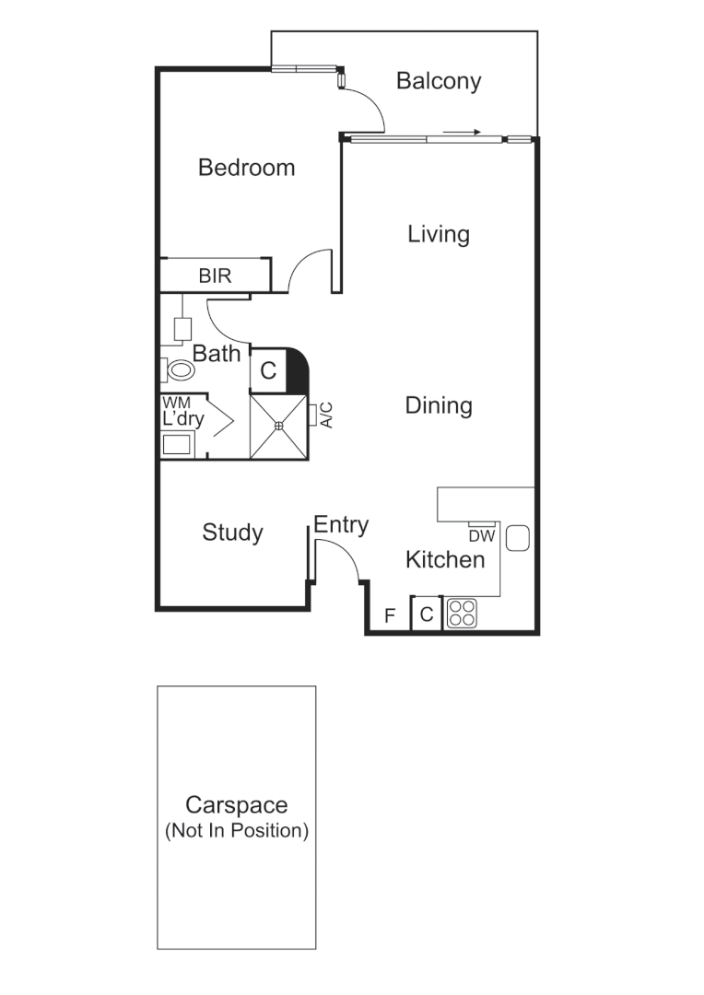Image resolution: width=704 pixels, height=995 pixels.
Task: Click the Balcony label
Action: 439,81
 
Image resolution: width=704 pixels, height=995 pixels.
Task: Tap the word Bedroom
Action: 247,168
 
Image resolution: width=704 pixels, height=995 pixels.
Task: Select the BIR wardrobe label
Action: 215,275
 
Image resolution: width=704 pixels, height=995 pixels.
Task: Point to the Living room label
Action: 439,234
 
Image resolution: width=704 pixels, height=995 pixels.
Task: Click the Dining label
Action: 439,405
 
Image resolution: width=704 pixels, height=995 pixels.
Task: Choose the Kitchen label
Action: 445,559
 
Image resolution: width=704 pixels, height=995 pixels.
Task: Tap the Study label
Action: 232,533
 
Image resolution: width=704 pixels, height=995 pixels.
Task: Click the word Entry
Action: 341,525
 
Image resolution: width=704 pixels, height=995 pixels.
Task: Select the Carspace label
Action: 236,805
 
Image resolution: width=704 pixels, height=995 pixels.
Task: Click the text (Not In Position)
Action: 236,830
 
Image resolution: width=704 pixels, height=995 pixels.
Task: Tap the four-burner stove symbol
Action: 461,615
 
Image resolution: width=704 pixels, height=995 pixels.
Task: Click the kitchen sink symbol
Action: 516,537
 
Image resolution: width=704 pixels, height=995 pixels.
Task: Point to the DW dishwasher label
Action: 482,535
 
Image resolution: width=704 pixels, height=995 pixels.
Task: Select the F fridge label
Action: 389,615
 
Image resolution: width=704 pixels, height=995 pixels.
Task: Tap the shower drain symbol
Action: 278,426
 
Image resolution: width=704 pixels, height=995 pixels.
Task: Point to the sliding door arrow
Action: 463,132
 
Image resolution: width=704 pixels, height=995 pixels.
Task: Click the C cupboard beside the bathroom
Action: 268,371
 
